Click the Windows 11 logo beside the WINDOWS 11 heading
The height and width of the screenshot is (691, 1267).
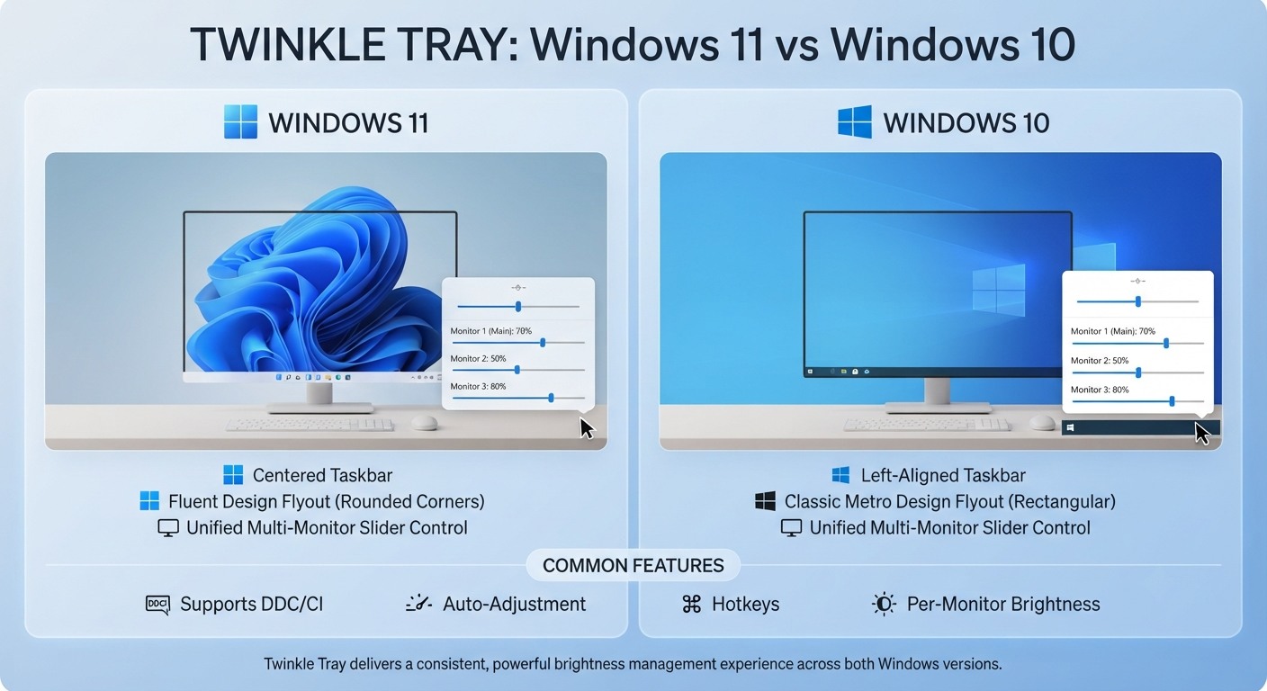click(240, 121)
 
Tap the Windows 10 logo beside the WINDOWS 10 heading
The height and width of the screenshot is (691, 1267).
click(855, 121)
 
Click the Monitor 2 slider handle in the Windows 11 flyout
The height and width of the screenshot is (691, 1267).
click(517, 370)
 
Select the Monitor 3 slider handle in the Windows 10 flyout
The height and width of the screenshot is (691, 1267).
click(1172, 401)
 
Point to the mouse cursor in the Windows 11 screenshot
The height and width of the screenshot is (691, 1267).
click(587, 428)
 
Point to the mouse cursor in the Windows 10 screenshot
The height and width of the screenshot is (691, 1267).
click(1202, 434)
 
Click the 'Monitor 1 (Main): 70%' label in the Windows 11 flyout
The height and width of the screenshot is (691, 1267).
click(491, 331)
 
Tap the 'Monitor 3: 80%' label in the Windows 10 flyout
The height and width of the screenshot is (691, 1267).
click(1100, 390)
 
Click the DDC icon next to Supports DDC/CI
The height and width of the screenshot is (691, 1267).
click(157, 605)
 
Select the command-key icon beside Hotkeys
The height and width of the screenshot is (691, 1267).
click(691, 604)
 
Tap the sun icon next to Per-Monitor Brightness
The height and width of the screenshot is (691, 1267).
click(884, 604)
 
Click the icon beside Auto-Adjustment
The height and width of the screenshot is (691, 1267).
click(418, 604)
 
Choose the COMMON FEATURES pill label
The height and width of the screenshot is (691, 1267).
click(633, 565)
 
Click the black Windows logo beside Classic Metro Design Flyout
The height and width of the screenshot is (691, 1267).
click(765, 501)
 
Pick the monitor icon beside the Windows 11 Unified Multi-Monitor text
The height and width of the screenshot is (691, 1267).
click(168, 528)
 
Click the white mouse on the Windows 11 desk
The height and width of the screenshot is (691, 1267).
click(425, 422)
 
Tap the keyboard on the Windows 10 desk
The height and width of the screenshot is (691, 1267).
click(926, 425)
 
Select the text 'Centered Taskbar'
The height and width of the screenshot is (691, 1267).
click(322, 476)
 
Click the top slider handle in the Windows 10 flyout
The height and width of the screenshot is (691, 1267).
click(1138, 301)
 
